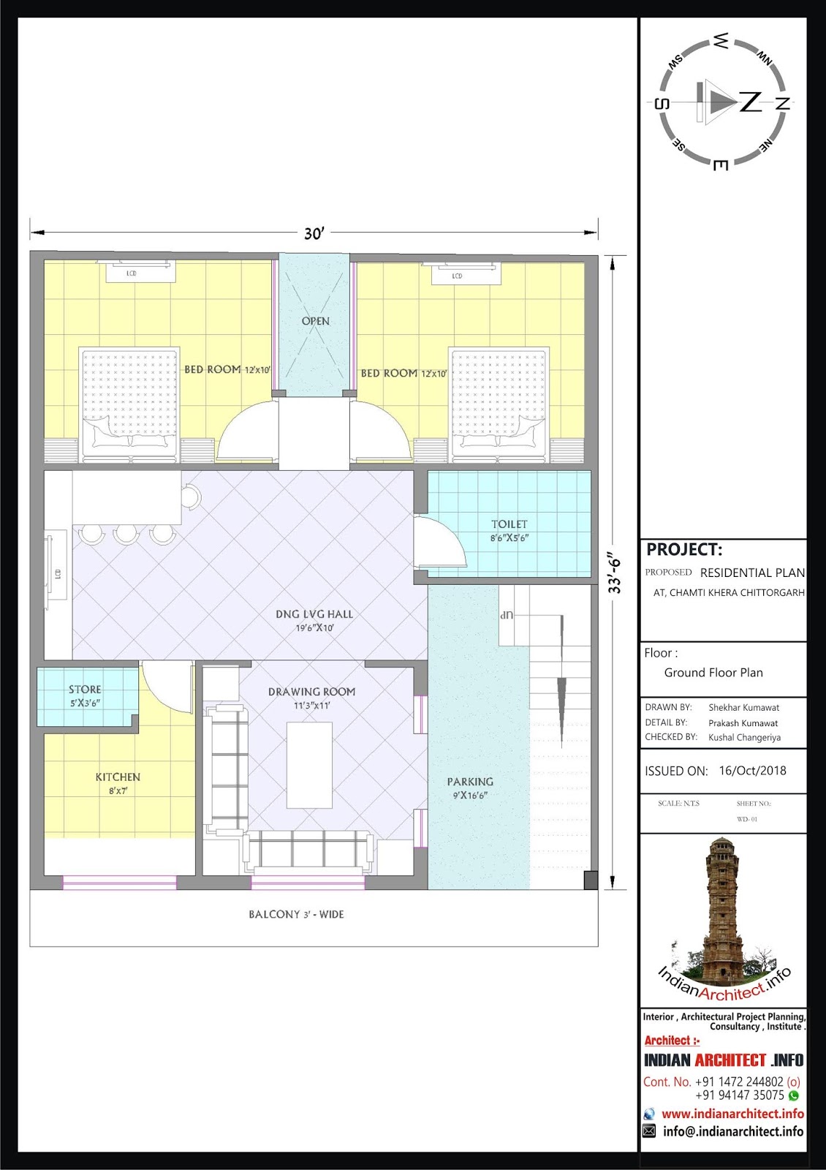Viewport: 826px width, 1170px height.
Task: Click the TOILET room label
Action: tap(509, 524)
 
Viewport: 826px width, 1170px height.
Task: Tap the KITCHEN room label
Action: tap(118, 777)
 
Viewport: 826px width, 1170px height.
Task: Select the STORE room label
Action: tap(85, 690)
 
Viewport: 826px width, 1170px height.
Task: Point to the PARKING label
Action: tap(470, 782)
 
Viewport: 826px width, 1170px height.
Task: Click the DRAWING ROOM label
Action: tap(311, 692)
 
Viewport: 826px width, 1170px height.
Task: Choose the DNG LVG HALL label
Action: tap(314, 614)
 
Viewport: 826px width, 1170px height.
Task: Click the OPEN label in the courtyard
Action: tap(315, 321)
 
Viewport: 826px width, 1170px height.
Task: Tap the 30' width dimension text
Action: tap(314, 233)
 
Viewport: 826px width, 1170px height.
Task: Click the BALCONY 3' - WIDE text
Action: tap(296, 915)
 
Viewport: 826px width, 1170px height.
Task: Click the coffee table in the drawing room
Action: tap(310, 765)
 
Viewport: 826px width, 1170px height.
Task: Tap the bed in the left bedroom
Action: tap(129, 404)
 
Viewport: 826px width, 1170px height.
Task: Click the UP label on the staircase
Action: tap(507, 615)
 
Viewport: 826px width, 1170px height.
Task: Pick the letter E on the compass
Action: tap(720, 165)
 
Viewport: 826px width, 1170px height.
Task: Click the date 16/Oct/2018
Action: tap(752, 771)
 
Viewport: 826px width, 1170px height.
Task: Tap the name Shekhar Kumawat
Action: tap(743, 708)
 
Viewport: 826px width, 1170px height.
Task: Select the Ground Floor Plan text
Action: tap(713, 673)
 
